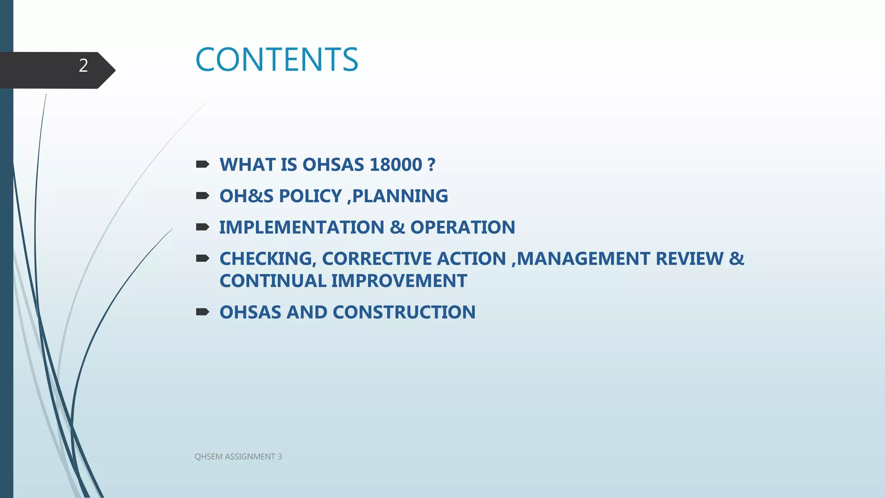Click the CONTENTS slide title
277,60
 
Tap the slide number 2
83,66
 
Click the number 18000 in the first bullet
396,165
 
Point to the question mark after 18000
431,165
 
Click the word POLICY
310,196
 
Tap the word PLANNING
400,196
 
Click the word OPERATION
462,227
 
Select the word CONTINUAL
273,281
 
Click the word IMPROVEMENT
399,281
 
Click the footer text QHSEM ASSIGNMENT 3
238,456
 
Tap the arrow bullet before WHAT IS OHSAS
202,164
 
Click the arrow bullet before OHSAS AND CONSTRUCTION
202,312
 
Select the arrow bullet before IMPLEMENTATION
202,227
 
